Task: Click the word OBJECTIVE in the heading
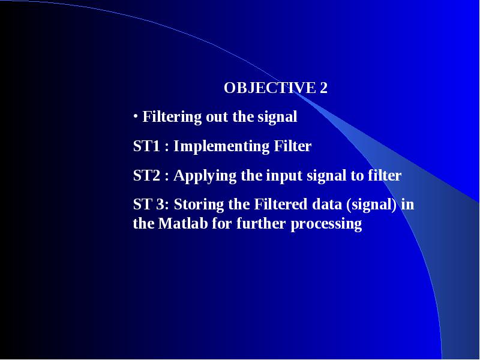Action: (x=270, y=88)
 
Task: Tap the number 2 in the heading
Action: (x=323, y=88)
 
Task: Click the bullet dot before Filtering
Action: (x=136, y=116)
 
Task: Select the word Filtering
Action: (x=172, y=117)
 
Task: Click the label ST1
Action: (x=146, y=146)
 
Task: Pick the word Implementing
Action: (x=221, y=146)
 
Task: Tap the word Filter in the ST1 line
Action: (x=293, y=146)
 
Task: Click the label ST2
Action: (x=146, y=175)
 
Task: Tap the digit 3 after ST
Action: (x=160, y=204)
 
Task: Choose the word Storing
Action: (x=199, y=205)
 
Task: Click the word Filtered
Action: (x=280, y=204)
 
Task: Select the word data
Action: (x=326, y=204)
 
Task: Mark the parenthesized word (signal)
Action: (x=371, y=205)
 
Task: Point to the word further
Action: (x=261, y=223)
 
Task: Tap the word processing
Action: (x=326, y=224)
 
